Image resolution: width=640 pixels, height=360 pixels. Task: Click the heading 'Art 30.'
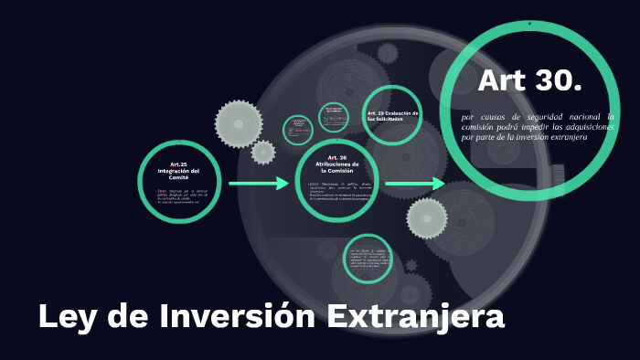(529, 81)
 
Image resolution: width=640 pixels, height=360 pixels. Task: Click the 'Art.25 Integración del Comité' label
(179, 171)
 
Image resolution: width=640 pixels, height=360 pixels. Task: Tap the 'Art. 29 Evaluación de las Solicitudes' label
(392, 116)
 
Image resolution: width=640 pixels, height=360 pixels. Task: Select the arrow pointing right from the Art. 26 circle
(414, 184)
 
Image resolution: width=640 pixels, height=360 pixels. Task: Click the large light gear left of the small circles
(239, 123)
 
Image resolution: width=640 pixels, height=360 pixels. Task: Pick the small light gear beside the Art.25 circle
(263, 152)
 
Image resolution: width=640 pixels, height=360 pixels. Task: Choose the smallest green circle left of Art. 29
(298, 129)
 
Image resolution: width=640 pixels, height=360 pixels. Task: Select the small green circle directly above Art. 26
(334, 117)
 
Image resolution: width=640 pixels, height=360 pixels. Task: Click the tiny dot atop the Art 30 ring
(529, 23)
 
